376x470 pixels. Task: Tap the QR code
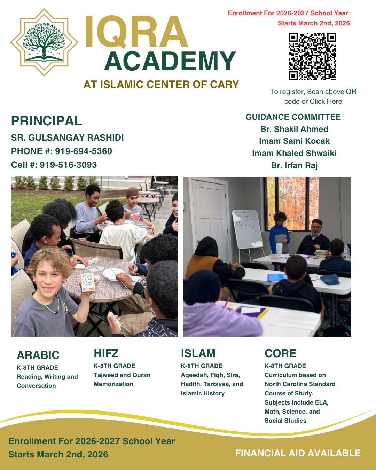coord(312,56)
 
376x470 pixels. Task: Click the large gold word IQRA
coord(136,32)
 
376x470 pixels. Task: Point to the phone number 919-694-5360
coord(84,151)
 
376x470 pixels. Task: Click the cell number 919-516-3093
coord(68,165)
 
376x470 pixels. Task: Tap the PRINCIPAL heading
coord(46,121)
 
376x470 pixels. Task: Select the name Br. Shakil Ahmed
coord(294,129)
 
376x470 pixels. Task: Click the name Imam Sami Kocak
coord(294,141)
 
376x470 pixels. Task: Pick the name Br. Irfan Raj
coord(294,165)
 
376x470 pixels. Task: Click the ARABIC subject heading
coord(38,355)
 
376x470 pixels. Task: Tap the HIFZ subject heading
coord(106,353)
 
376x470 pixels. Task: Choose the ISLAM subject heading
coord(198,353)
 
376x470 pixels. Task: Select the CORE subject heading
coord(280,353)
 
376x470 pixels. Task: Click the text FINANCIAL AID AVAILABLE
coord(298,453)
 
